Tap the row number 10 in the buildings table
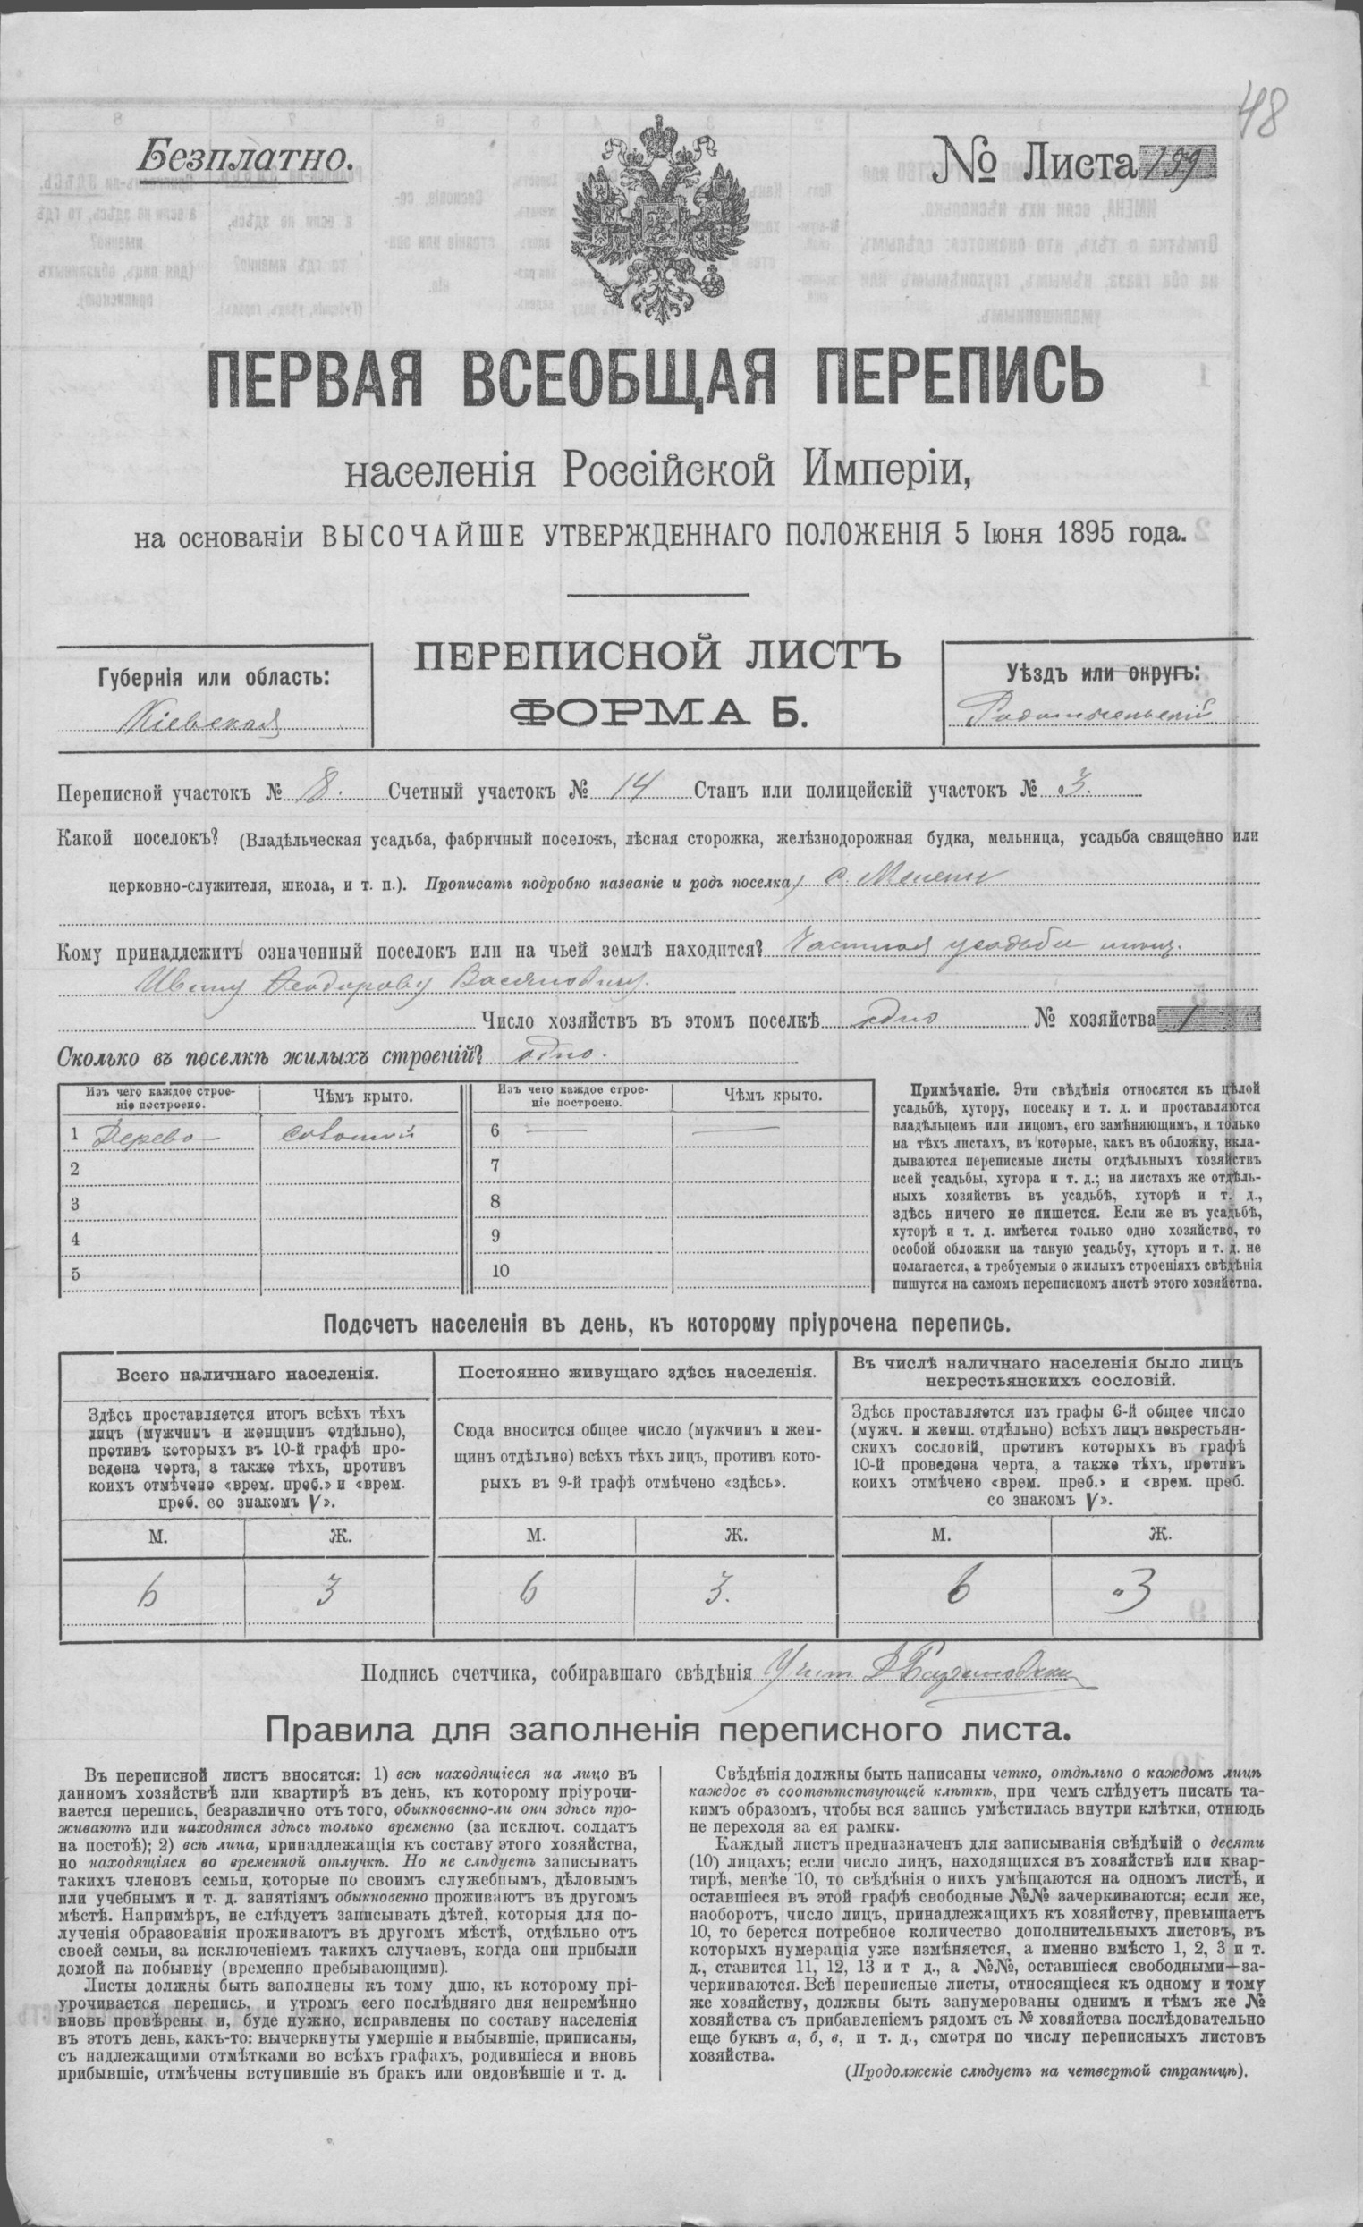(x=502, y=1270)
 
